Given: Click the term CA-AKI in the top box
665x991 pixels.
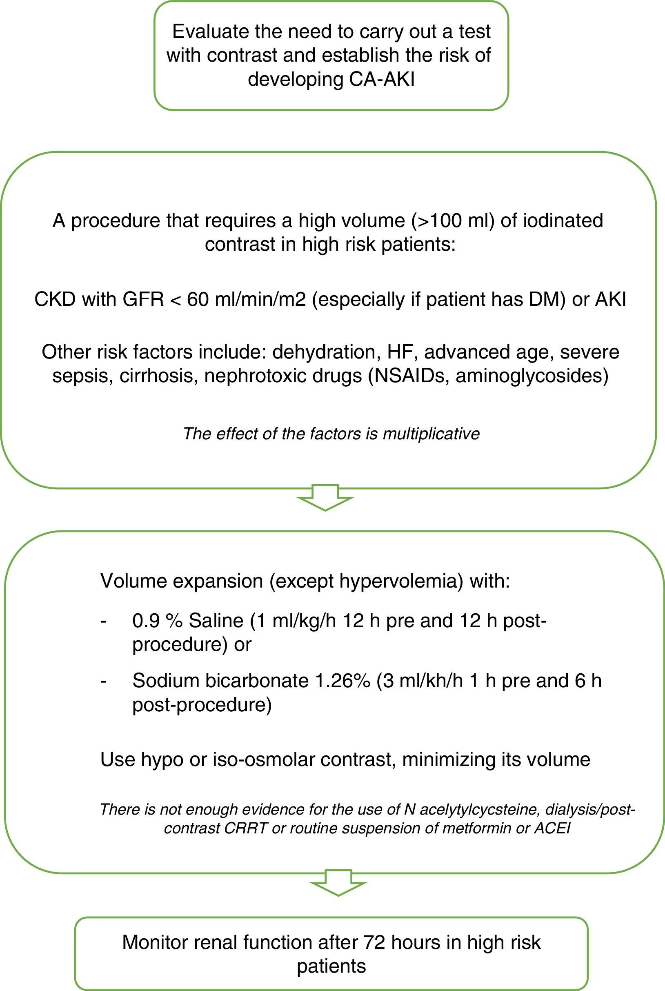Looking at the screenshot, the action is coord(381,79).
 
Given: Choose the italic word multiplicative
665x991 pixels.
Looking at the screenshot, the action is coord(431,434).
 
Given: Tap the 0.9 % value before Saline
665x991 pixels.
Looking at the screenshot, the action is coord(157,621).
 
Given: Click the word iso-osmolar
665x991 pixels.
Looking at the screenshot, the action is coord(262,759).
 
